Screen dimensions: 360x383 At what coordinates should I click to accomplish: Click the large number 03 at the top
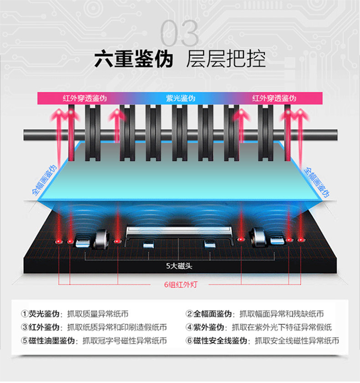(x=180, y=33)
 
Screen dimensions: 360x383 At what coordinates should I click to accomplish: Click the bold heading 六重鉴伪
(x=134, y=60)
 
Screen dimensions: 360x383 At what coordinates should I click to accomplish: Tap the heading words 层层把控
(x=226, y=60)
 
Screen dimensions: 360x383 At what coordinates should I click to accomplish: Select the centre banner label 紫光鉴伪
(x=180, y=98)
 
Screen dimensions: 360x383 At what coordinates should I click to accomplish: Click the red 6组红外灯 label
(x=180, y=286)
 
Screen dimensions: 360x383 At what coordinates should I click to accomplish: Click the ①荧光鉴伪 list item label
(x=41, y=314)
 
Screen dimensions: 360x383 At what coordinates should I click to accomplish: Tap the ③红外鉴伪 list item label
(x=41, y=327)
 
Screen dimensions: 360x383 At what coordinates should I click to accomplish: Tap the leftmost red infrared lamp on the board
(x=58, y=240)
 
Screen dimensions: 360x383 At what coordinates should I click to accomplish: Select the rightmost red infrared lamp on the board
(x=300, y=240)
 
